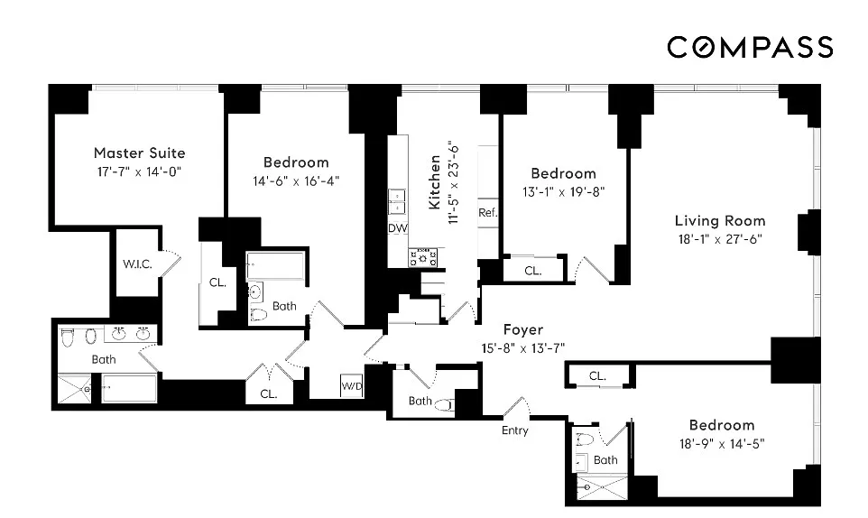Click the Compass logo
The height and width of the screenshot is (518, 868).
click(x=750, y=47)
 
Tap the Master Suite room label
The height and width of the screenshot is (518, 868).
click(x=140, y=153)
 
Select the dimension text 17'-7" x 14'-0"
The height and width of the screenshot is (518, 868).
click(x=140, y=171)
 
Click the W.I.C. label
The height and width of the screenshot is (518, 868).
click(x=137, y=264)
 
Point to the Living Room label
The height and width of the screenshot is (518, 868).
click(x=720, y=221)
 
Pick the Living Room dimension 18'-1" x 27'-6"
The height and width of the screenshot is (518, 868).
click(x=720, y=239)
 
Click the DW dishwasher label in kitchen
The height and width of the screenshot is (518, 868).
click(x=398, y=228)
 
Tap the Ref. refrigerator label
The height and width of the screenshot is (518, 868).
click(x=488, y=212)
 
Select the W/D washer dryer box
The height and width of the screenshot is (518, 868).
click(x=352, y=385)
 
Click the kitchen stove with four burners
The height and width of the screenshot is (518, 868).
click(x=423, y=257)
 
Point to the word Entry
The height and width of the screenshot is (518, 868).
click(x=515, y=430)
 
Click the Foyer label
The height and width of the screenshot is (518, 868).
click(x=523, y=329)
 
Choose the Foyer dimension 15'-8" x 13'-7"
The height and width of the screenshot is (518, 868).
click(x=523, y=348)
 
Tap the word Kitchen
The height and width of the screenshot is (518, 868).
click(x=435, y=182)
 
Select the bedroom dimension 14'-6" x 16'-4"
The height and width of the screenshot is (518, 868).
click(x=296, y=181)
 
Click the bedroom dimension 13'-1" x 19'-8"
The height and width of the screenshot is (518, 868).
click(x=564, y=192)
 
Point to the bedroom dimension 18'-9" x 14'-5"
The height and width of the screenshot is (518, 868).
click(x=722, y=444)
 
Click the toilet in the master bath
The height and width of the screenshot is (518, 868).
click(x=68, y=337)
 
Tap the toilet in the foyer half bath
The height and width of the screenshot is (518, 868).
click(x=445, y=405)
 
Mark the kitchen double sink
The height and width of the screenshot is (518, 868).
click(x=397, y=201)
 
